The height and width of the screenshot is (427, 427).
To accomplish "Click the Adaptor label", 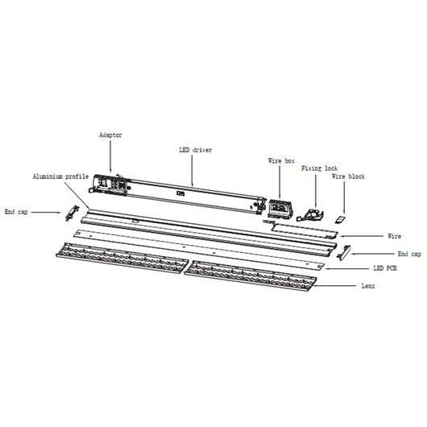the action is (x=110, y=135).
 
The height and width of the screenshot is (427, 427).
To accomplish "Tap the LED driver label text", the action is (x=196, y=150).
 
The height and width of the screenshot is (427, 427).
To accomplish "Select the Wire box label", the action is (x=281, y=161).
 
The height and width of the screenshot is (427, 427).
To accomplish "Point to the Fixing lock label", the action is (x=319, y=168).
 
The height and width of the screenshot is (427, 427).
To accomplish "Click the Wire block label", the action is (x=348, y=176).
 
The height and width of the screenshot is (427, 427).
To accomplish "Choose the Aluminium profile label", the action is (x=60, y=176).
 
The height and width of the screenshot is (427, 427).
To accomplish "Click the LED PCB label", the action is (x=385, y=268).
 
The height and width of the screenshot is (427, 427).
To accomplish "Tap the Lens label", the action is (x=368, y=286).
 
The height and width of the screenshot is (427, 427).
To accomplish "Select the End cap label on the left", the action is (x=16, y=212).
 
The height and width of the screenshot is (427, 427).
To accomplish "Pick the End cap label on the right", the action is (x=409, y=254).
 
